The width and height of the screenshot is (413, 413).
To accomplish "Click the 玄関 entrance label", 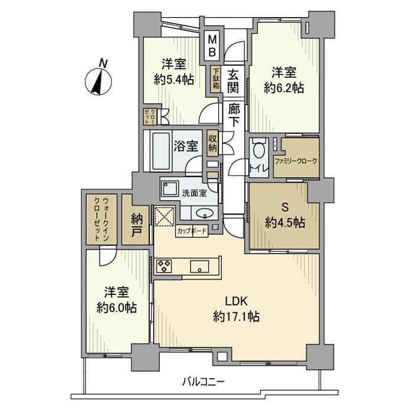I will (234, 81).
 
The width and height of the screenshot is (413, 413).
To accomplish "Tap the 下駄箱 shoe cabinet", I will (217, 78).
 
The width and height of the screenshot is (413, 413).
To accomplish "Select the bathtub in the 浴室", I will (158, 145).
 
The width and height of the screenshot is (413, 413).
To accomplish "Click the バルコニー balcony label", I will (202, 382).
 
